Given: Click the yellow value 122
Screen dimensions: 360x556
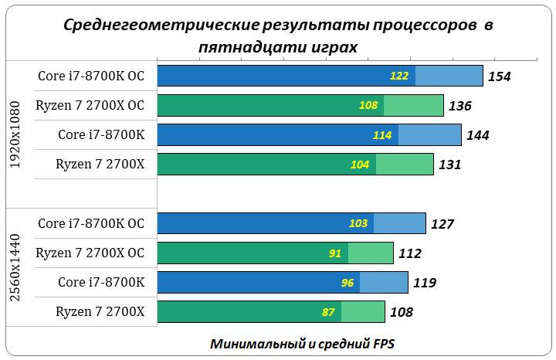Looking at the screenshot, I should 399,76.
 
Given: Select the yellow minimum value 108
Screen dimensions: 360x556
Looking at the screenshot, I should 368,106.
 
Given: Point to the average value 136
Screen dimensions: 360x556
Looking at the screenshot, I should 459,106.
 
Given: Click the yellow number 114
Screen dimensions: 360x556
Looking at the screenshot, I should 382,135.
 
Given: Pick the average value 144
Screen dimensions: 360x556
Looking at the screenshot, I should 478,135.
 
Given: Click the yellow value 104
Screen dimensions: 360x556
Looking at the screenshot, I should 360,165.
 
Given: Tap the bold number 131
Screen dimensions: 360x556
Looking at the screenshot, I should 449,165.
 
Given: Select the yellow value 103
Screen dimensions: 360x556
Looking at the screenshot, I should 358,223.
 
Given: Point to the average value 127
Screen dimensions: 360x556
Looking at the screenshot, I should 442,224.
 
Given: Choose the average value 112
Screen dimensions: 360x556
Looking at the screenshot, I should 409,253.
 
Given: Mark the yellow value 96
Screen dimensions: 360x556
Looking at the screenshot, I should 347,283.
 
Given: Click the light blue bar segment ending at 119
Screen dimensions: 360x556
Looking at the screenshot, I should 384,282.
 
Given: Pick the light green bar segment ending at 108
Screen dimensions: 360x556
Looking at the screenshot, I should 363,312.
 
